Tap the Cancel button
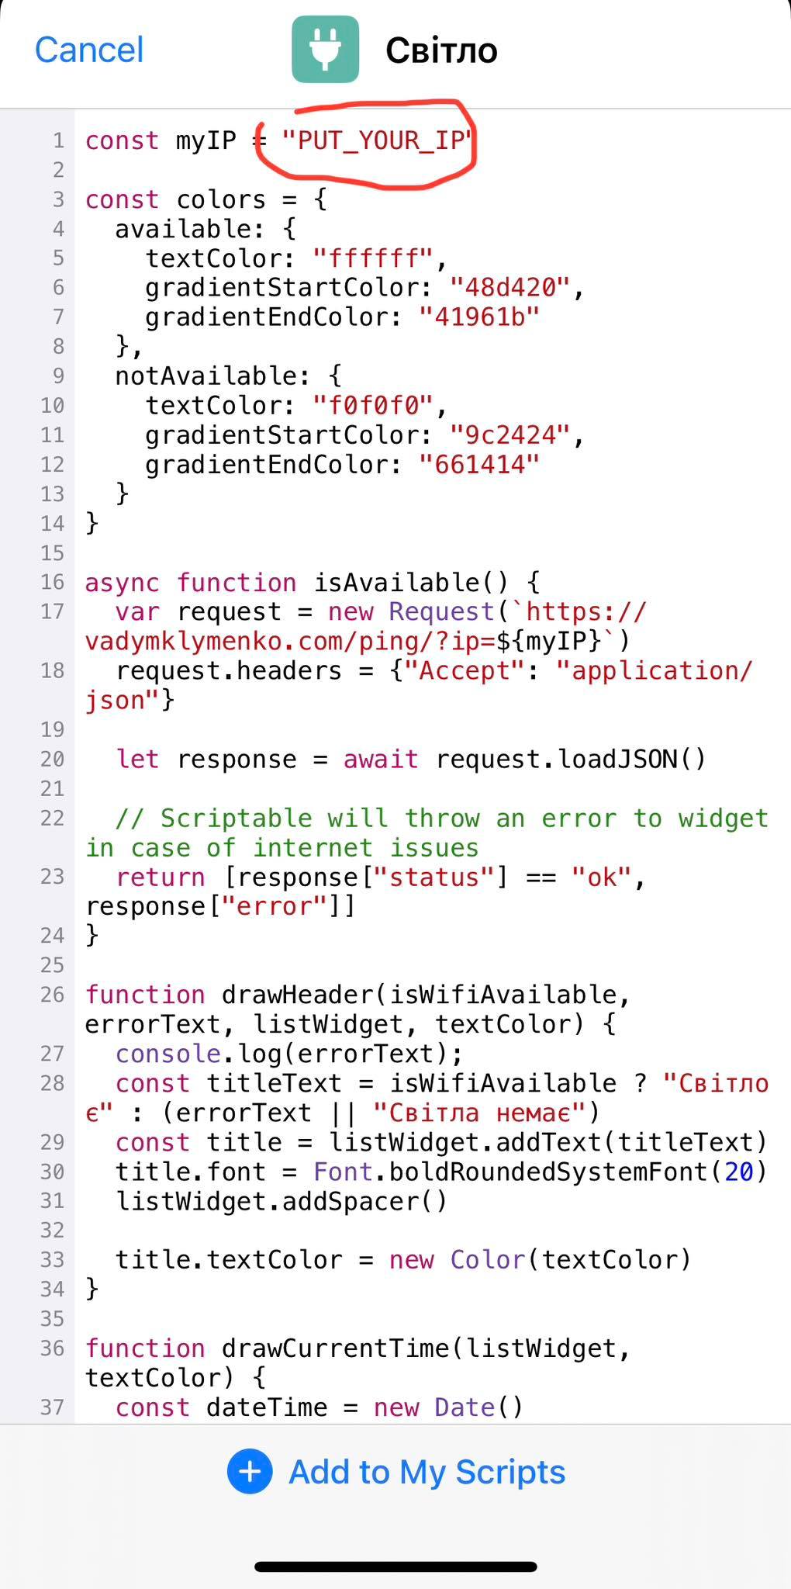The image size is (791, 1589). (89, 50)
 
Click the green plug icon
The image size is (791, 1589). (325, 50)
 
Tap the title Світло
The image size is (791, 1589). (441, 50)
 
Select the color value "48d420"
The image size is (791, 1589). (510, 288)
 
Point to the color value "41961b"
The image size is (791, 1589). (479, 317)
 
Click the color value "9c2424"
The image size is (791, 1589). (510, 435)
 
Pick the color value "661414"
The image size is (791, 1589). (479, 465)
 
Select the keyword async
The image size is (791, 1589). (123, 583)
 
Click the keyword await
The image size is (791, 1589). (381, 760)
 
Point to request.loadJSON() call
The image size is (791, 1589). (571, 760)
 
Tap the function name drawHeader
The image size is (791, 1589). (298, 995)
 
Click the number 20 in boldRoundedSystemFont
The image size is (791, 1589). (739, 1172)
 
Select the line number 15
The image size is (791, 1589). (52, 553)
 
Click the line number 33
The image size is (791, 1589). (52, 1260)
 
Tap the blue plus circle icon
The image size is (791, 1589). (250, 1472)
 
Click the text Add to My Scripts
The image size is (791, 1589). (427, 1472)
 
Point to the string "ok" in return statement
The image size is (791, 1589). (601, 878)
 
